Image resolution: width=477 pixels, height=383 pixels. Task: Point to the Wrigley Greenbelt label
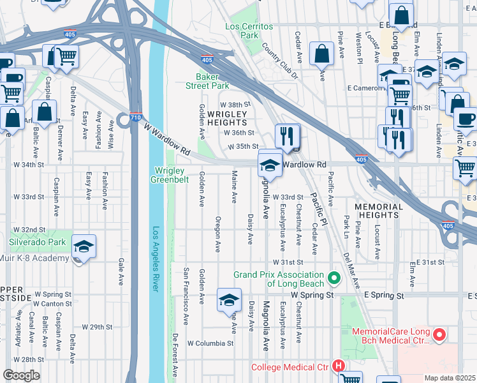click(x=168, y=175)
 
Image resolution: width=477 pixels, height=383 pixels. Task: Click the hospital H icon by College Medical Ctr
click(x=339, y=366)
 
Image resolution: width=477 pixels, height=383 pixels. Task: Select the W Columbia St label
click(x=210, y=343)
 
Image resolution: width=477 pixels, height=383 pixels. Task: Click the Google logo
click(x=21, y=375)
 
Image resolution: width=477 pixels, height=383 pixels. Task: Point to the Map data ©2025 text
click(x=449, y=378)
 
